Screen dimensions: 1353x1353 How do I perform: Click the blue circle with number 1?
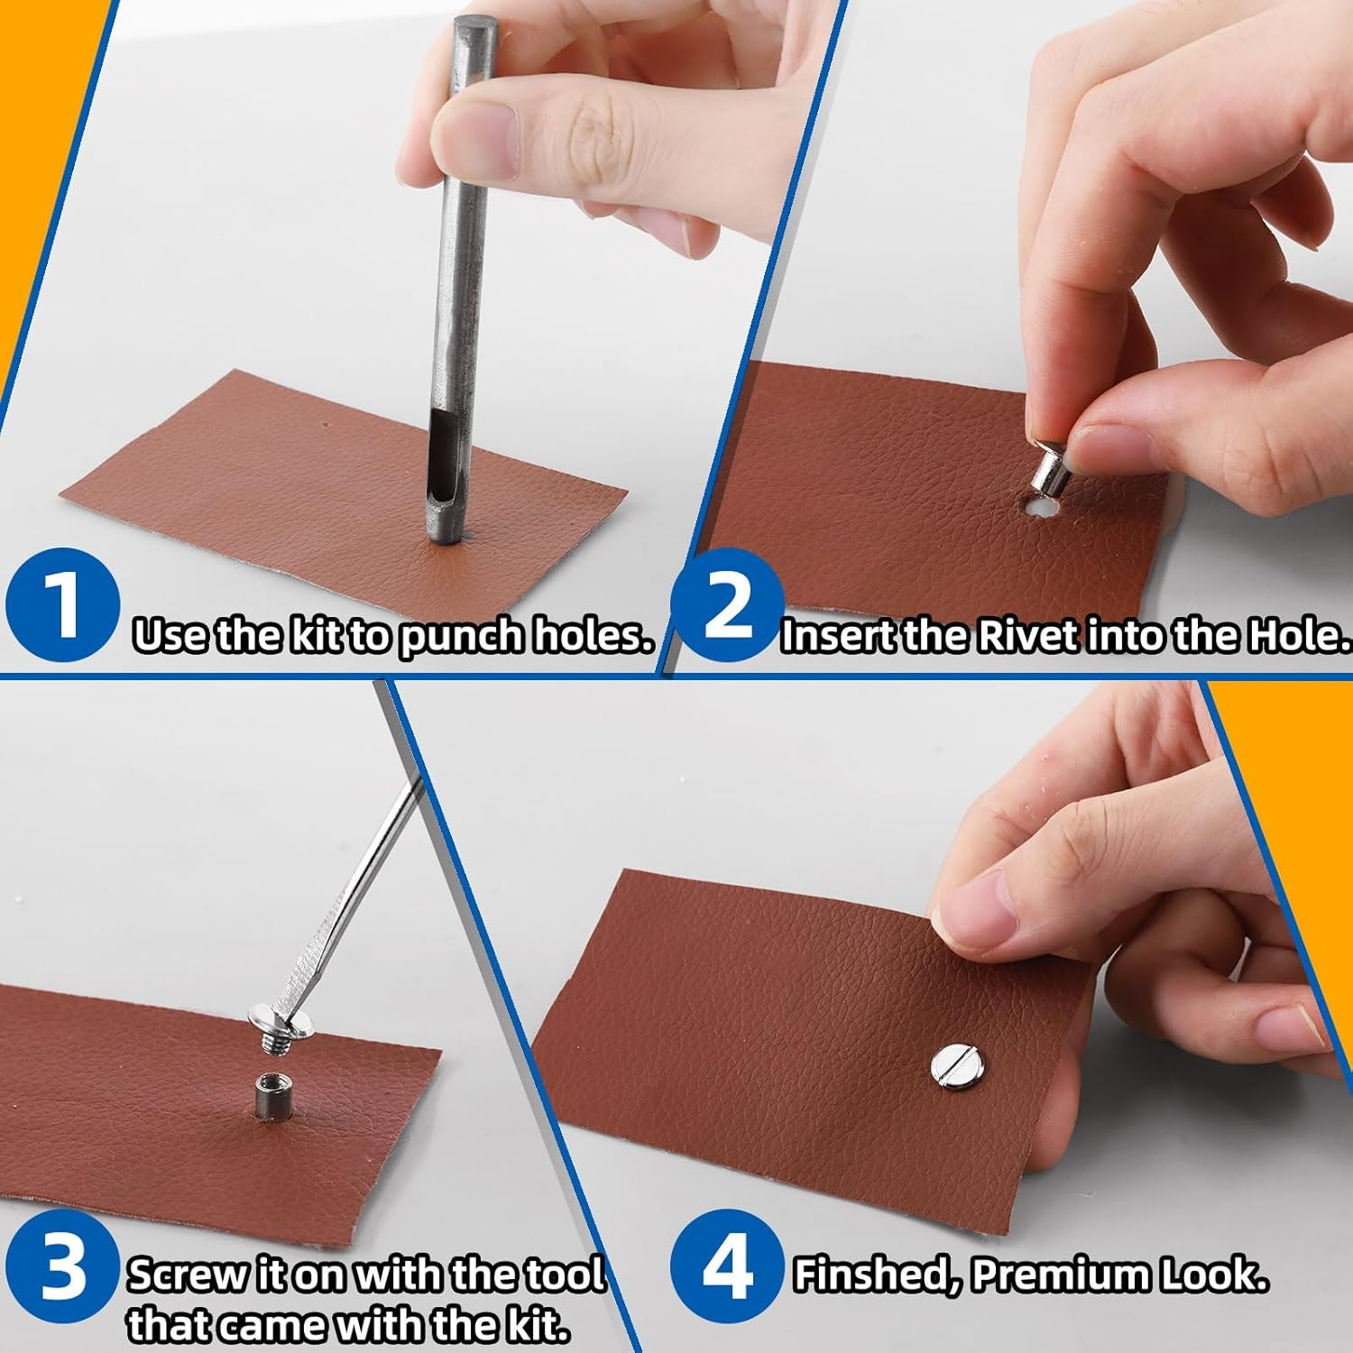click(63, 605)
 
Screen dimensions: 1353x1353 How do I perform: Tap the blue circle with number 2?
click(728, 605)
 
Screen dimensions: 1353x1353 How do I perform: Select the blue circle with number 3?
click(63, 1266)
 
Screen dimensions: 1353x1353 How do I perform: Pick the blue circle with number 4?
click(728, 1266)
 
